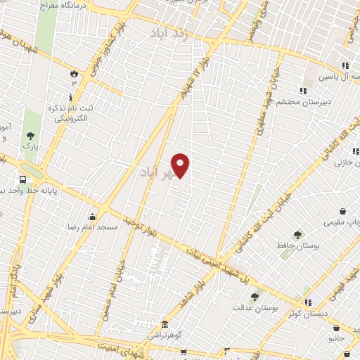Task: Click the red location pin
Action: tap(181, 165)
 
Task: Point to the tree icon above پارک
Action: tap(29, 136)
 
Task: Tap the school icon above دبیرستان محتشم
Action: tap(303, 90)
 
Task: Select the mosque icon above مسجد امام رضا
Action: tap(92, 217)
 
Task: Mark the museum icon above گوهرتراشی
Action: tap(165, 324)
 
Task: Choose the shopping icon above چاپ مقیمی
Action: tap(342, 211)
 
